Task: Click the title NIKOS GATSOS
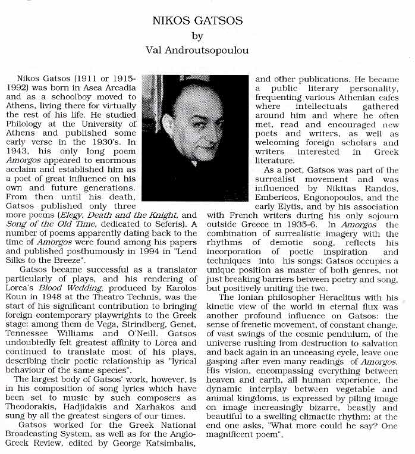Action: point(197,21)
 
